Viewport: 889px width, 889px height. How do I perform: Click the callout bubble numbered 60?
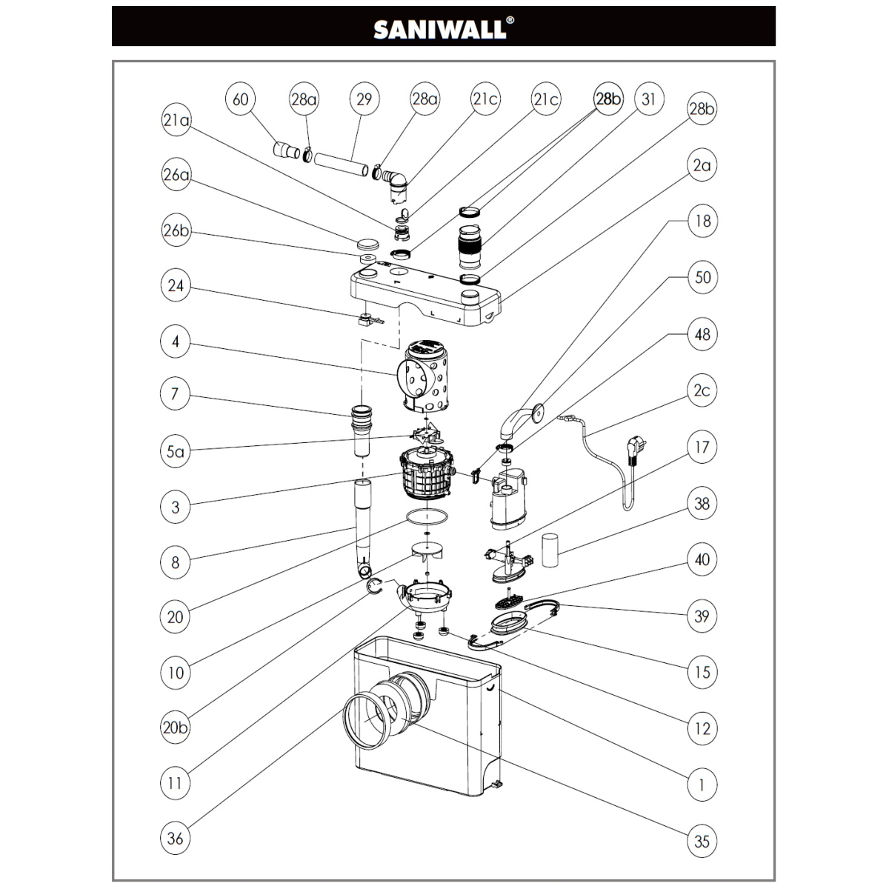pos(240,99)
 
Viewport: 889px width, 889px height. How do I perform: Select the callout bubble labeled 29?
pos(364,99)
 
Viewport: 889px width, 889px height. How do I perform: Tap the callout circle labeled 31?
pos(649,99)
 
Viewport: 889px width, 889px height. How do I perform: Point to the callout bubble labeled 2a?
pos(702,166)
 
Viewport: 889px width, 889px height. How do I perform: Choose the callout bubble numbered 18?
pos(702,222)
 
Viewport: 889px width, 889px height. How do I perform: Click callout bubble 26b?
pos(176,230)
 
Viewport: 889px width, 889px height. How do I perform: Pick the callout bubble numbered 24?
pos(176,286)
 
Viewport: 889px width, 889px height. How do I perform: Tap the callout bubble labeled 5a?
pos(176,452)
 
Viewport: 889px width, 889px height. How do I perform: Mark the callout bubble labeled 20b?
pos(176,727)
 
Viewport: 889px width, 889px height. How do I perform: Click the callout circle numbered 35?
pos(702,842)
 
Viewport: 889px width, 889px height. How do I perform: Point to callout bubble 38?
pos(702,504)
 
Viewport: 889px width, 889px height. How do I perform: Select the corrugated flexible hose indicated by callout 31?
pos(469,247)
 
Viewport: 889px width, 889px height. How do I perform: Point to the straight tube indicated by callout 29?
pos(342,164)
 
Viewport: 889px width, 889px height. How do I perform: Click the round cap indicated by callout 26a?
pos(367,243)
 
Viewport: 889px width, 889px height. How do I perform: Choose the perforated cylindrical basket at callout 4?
pos(424,376)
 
